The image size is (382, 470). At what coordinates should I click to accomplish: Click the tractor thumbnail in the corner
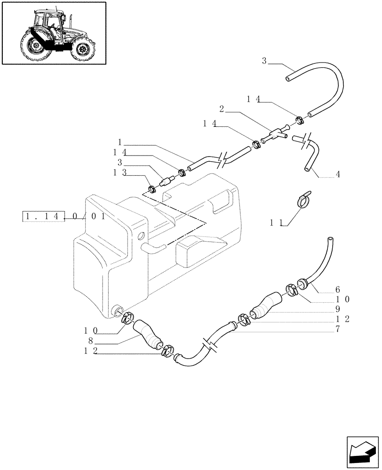pos(54,33)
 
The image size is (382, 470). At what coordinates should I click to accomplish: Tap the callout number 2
pos(222,110)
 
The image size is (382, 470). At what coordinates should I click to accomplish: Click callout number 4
pos(338,174)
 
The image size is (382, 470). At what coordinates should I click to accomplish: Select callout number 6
pos(337,290)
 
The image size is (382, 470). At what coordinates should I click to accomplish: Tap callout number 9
pos(337,309)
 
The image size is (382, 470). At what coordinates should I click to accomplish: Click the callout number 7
pos(337,329)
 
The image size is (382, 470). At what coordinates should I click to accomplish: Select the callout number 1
pos(120,142)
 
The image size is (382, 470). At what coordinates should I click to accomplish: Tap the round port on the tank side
pos(141,235)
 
